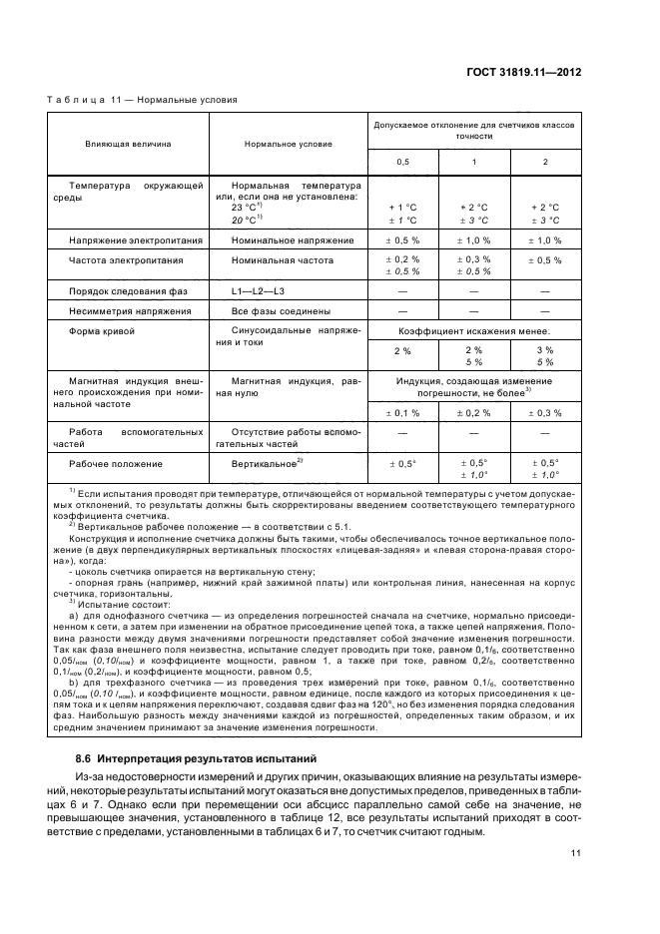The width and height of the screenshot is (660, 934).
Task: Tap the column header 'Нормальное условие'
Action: coord(289,144)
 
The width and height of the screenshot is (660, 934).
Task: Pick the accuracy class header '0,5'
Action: coord(402,162)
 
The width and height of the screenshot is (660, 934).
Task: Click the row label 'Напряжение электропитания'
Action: coord(136,240)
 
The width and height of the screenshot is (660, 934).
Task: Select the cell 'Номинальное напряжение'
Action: coord(293,240)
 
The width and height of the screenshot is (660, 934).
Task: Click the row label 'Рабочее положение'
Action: coord(115,464)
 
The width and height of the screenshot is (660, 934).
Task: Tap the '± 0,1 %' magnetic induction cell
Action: coord(403,412)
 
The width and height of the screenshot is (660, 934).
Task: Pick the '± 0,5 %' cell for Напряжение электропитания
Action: coord(403,240)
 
